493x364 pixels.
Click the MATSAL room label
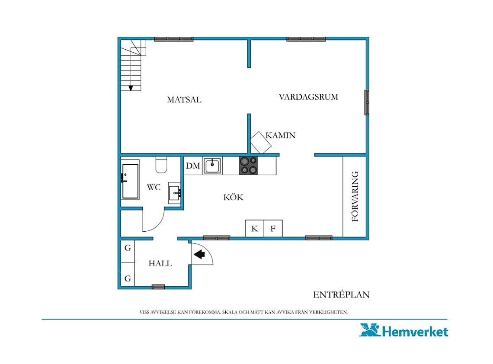click(x=184, y=99)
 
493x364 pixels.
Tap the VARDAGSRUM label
click(x=308, y=97)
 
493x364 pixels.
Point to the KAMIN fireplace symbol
click(x=261, y=142)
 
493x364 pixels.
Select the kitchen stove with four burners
click(x=248, y=165)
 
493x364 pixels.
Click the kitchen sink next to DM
click(x=212, y=165)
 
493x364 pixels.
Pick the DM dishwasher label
click(x=193, y=166)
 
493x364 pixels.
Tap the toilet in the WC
click(x=161, y=164)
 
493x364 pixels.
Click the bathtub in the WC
click(x=130, y=181)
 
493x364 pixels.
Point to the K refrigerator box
click(x=254, y=228)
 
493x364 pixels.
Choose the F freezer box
click(x=273, y=228)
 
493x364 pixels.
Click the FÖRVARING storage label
click(x=355, y=196)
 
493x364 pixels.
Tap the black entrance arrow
click(x=199, y=254)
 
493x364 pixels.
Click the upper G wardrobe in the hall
click(x=128, y=251)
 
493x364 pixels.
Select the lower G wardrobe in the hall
click(x=128, y=274)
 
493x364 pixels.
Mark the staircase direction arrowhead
click(x=131, y=88)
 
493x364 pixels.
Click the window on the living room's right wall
click(x=367, y=102)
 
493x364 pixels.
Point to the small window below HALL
click(x=158, y=287)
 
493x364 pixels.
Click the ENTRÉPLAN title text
click(x=341, y=294)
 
